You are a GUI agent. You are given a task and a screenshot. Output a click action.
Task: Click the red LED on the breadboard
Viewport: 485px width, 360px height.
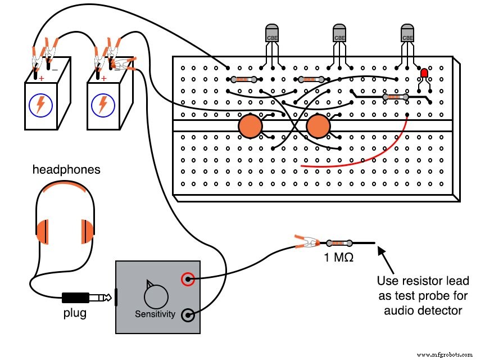pyautogui.click(x=424, y=74)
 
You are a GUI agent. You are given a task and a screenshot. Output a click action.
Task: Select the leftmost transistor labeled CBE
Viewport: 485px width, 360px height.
pyautogui.click(x=272, y=34)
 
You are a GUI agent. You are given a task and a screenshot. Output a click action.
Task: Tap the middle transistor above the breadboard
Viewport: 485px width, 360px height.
pyautogui.click(x=339, y=34)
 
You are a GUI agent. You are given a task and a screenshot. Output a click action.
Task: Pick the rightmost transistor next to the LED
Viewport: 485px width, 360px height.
pyautogui.click(x=407, y=34)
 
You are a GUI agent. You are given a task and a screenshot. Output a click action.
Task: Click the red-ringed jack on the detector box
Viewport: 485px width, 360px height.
pyautogui.click(x=188, y=278)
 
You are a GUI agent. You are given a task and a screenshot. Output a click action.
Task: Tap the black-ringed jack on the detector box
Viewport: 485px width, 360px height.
pyautogui.click(x=188, y=315)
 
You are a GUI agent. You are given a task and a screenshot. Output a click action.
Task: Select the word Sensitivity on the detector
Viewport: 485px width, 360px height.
pyautogui.click(x=155, y=314)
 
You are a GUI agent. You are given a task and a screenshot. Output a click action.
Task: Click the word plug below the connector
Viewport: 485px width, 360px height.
pyautogui.click(x=74, y=313)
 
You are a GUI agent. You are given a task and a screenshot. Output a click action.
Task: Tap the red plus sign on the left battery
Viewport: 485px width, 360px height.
pyautogui.click(x=41, y=78)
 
